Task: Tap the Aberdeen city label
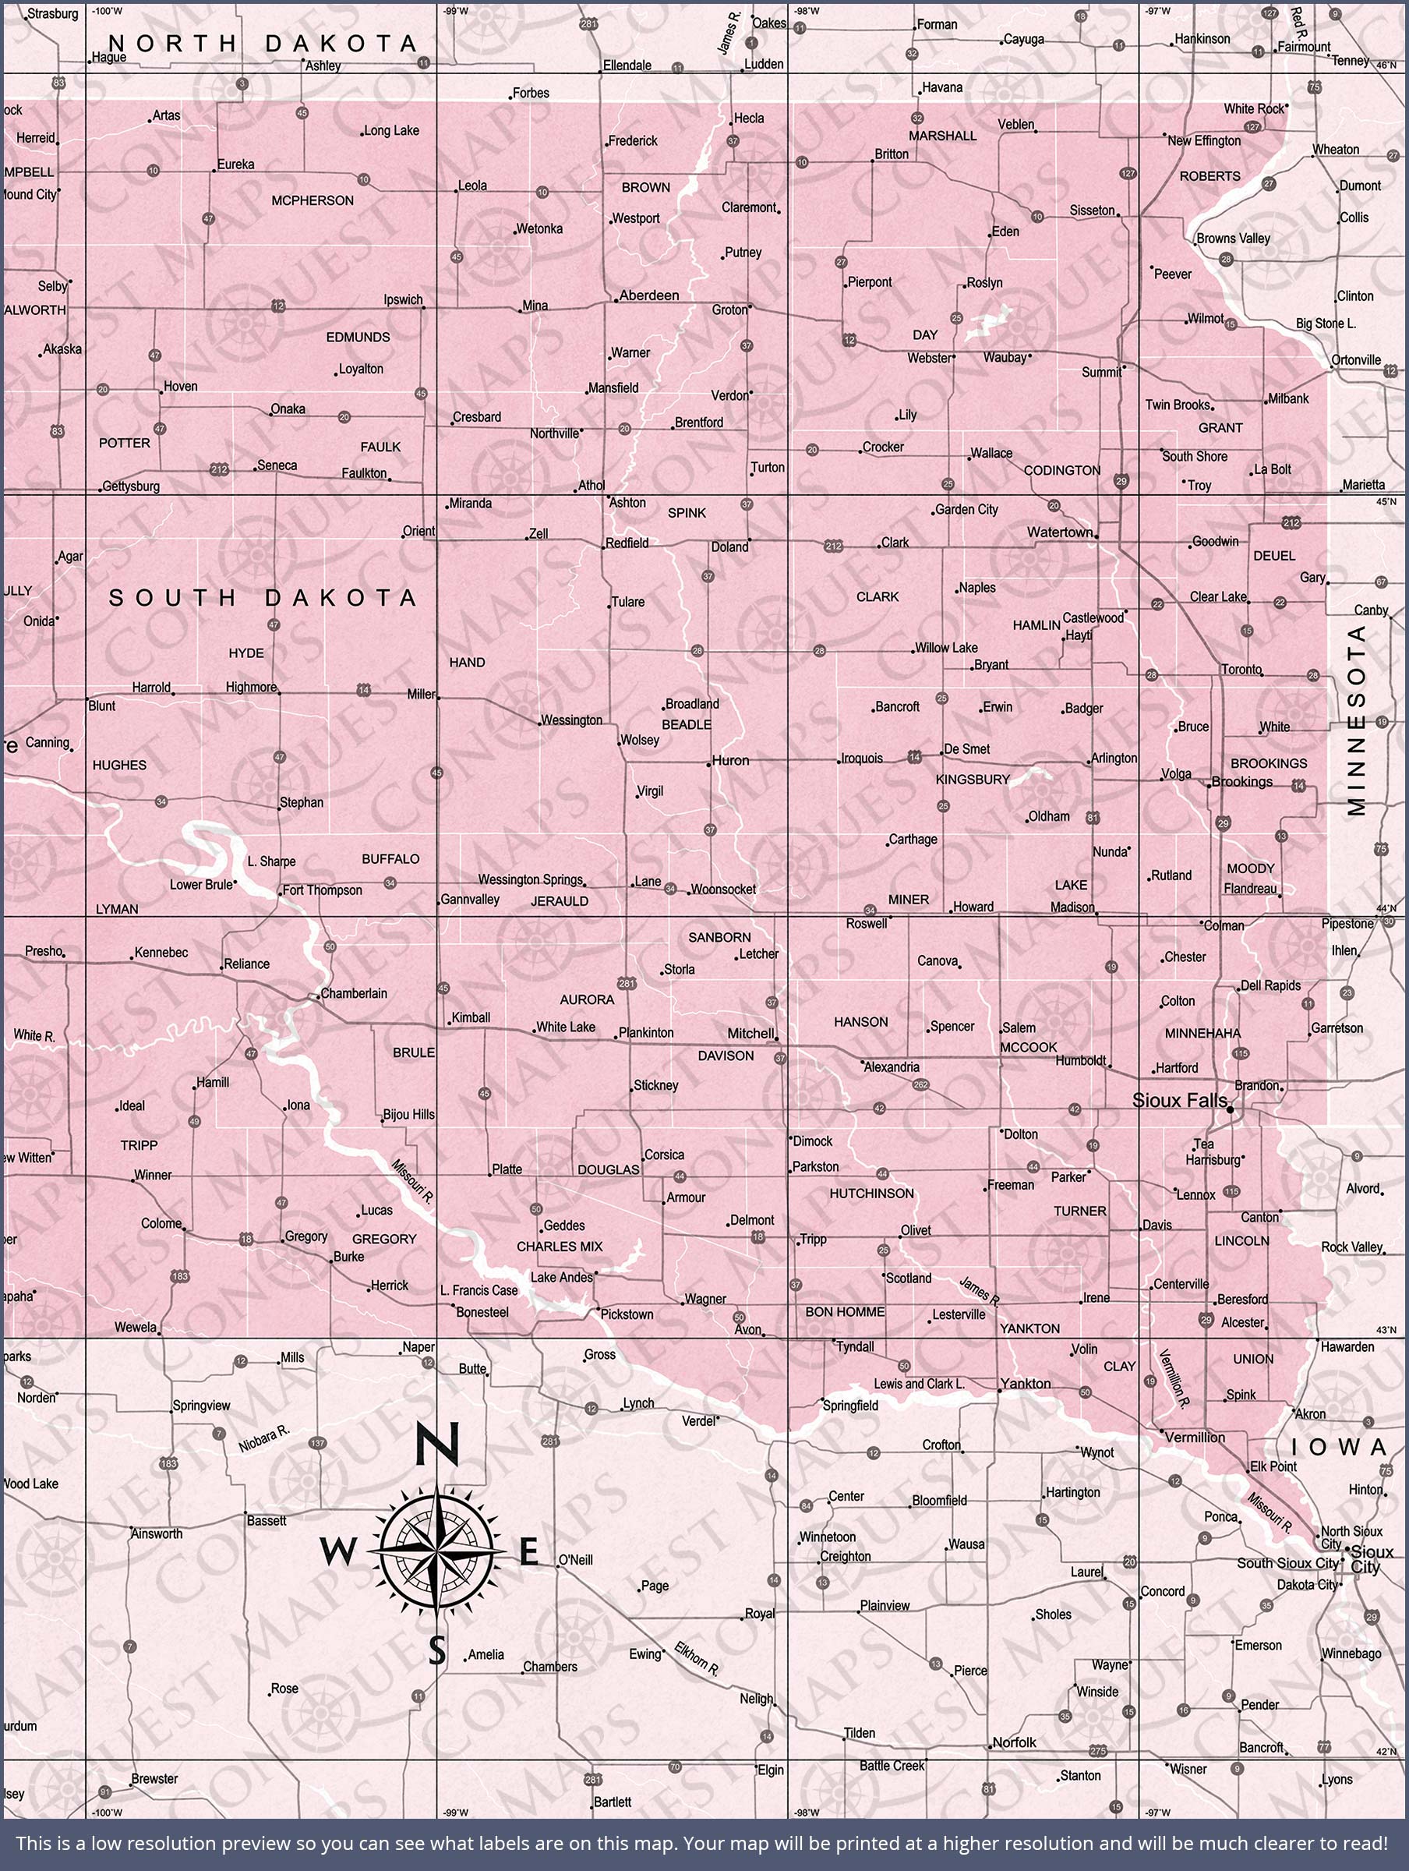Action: click(x=648, y=295)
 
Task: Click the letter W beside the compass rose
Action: click(x=338, y=1552)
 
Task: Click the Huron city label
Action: click(x=730, y=760)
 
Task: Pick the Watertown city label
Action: click(x=1060, y=532)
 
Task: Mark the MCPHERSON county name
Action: click(x=312, y=200)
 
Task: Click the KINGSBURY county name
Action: click(x=973, y=779)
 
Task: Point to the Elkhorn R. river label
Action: click(x=696, y=1660)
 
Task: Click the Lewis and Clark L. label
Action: click(x=919, y=1384)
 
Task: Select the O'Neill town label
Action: click(x=575, y=1560)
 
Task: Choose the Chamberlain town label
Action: click(x=354, y=993)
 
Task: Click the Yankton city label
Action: click(x=1025, y=1384)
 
